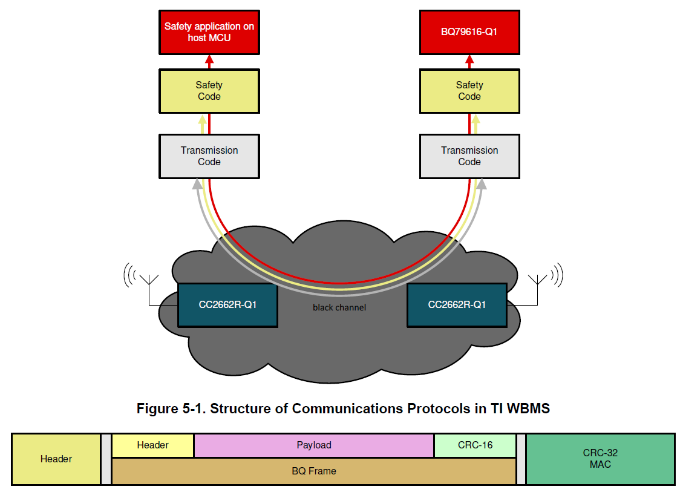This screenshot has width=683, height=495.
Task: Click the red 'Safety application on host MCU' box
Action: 209,32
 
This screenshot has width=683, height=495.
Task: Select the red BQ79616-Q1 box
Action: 469,32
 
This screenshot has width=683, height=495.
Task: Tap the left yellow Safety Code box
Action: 209,91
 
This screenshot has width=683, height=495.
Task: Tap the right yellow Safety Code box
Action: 469,91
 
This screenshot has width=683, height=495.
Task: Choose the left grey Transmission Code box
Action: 209,157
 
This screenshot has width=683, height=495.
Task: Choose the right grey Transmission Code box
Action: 469,157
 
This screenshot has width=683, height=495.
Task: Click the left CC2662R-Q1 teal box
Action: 228,305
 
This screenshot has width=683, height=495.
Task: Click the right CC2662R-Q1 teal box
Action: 457,305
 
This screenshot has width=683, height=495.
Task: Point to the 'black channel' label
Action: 339,307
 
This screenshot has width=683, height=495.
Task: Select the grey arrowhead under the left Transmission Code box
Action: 198,184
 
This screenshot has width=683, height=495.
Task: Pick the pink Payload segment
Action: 314,445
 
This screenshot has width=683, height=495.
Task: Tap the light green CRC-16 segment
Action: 475,445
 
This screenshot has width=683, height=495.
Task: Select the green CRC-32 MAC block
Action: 600,459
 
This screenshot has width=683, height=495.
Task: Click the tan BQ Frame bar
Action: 314,471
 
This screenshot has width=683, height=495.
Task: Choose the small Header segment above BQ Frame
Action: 152,445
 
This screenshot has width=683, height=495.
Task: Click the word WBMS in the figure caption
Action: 528,408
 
